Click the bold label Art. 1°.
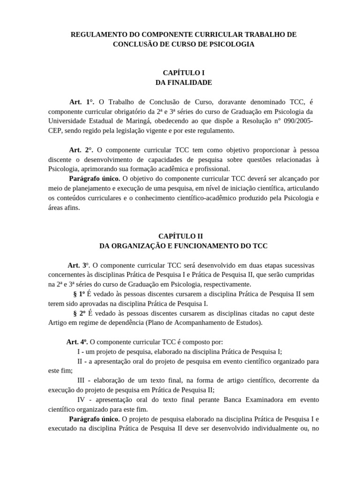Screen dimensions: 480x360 coord(82,102)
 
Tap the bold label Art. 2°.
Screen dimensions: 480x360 coord(82,150)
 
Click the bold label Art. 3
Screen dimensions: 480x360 coord(78,265)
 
